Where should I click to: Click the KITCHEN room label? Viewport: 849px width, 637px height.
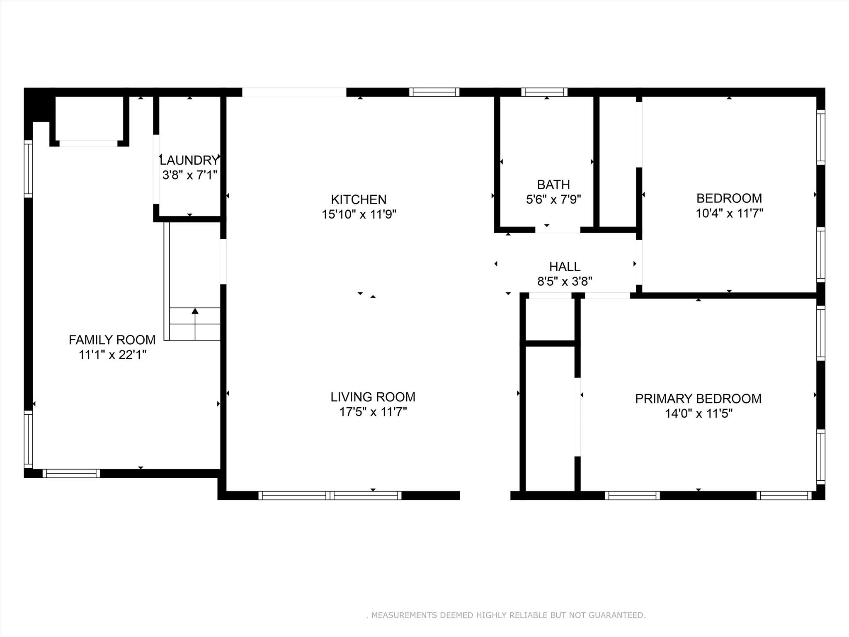(x=359, y=199)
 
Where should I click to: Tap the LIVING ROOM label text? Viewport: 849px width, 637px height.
(x=373, y=397)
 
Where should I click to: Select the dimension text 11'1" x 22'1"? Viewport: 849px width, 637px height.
(x=112, y=355)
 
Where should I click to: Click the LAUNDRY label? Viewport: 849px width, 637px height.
(x=189, y=160)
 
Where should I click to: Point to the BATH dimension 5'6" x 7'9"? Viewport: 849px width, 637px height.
(x=553, y=199)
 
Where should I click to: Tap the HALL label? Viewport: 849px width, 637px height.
(x=565, y=266)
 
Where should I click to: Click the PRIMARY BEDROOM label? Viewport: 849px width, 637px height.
(x=698, y=399)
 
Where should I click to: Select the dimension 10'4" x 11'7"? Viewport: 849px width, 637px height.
(x=729, y=213)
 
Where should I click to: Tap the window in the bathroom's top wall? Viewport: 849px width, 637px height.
(x=544, y=92)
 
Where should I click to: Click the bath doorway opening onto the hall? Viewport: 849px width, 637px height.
(x=557, y=229)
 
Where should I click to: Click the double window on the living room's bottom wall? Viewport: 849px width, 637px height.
(x=330, y=495)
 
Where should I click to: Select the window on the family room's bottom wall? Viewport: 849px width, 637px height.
(x=71, y=473)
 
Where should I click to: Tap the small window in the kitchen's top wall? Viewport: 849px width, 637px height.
(x=434, y=92)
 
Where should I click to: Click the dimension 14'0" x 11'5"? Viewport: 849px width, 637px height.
(x=699, y=413)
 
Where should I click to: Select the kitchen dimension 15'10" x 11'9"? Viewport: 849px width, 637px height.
(x=359, y=214)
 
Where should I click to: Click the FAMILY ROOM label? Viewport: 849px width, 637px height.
(x=112, y=340)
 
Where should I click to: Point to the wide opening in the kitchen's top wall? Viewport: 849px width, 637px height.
(x=294, y=92)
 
